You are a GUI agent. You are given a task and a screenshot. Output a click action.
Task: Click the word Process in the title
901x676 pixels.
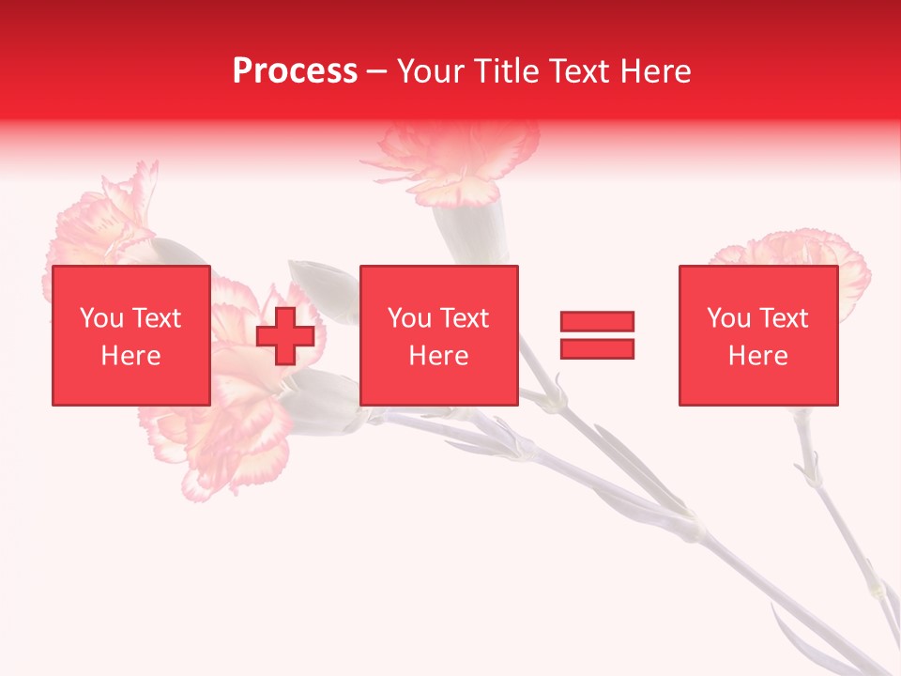point(295,71)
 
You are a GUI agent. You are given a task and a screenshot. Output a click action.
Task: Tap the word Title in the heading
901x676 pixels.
point(507,71)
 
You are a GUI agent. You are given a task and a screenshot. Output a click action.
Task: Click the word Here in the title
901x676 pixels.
point(656,71)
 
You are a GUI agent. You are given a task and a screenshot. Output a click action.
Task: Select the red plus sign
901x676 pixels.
point(285,336)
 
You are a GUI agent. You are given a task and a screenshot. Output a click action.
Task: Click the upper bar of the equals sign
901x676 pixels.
point(597,322)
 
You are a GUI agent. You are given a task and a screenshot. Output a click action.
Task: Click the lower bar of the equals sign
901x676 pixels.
point(597,348)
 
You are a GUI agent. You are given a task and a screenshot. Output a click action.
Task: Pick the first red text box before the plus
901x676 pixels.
point(130,335)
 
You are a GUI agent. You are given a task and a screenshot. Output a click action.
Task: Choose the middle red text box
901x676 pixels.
point(438,335)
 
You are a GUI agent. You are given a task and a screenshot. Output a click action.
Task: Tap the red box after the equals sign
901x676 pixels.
point(757,335)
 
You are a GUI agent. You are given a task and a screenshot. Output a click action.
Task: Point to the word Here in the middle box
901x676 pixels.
point(438,356)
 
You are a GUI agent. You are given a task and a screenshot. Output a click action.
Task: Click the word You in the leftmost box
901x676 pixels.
point(102,319)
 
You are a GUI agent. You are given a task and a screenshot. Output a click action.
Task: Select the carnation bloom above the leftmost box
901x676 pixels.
point(103,221)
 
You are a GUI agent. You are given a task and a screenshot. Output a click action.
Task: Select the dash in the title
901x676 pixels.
point(377,71)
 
